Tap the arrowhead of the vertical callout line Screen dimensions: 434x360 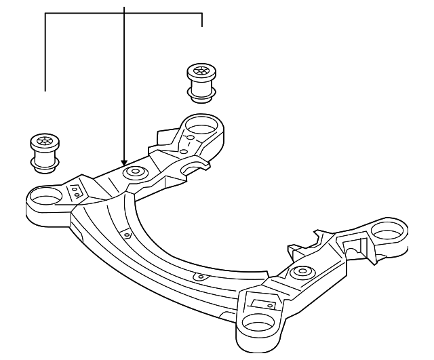pyautogui.click(x=124, y=161)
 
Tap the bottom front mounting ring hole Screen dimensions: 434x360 pyautogui.click(x=260, y=324)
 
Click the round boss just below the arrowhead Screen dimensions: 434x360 pyautogui.click(x=134, y=172)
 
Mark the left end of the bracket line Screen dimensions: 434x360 pyautogui.click(x=45, y=89)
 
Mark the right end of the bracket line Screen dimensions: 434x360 pyautogui.click(x=202, y=27)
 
